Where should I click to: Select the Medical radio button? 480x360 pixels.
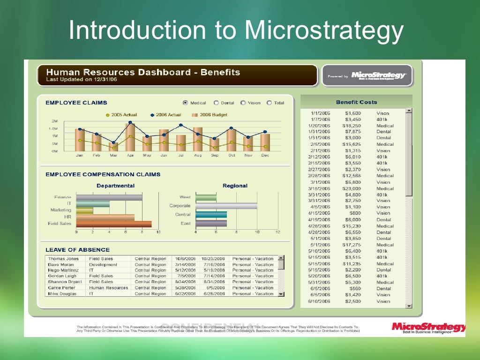(185, 103)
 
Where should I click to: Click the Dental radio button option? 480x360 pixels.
(216, 103)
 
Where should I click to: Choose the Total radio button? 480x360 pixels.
(269, 103)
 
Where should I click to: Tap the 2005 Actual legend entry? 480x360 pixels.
(121, 115)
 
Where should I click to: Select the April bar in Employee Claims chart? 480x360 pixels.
(130, 137)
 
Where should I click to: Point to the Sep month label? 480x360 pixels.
(215, 155)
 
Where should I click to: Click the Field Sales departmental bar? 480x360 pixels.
(113, 224)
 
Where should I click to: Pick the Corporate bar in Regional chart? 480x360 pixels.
(226, 206)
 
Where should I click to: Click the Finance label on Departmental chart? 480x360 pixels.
(62, 197)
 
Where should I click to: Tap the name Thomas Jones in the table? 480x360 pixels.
(63, 259)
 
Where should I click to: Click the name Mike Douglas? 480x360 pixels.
(62, 294)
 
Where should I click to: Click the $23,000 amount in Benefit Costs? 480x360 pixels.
(352, 188)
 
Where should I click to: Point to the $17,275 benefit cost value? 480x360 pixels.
(352, 245)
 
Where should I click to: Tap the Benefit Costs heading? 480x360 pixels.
(356, 102)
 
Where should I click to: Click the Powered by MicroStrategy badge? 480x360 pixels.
(367, 75)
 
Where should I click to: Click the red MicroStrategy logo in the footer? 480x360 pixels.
(428, 327)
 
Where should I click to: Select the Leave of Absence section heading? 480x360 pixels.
(77, 250)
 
